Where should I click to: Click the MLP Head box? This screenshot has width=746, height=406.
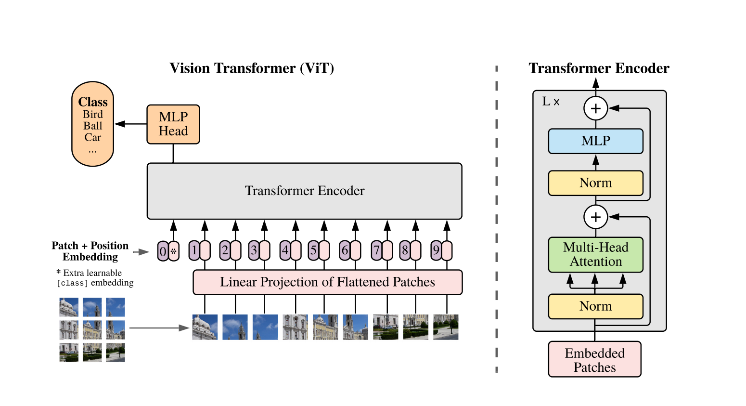pyautogui.click(x=173, y=124)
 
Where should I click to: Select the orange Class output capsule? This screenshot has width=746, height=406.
pyautogui.click(x=92, y=124)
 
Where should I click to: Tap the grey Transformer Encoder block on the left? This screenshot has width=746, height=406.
pyautogui.click(x=304, y=191)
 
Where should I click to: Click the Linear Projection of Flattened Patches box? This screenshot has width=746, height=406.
pyautogui.click(x=327, y=282)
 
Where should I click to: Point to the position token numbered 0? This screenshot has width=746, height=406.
pyautogui.click(x=163, y=251)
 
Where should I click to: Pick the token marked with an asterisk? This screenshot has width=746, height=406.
pyautogui.click(x=174, y=251)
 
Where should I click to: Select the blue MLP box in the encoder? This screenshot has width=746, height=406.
pyautogui.click(x=595, y=141)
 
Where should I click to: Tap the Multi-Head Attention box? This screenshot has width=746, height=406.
pyautogui.click(x=595, y=255)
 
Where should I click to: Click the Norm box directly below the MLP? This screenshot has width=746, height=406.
pyautogui.click(x=595, y=183)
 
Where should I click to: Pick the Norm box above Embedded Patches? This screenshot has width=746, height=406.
pyautogui.click(x=595, y=306)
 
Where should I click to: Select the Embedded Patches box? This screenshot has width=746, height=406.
pyautogui.click(x=594, y=360)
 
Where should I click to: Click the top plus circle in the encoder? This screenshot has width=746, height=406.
pyautogui.click(x=595, y=108)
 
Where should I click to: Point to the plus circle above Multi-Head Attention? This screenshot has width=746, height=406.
pyautogui.click(x=595, y=217)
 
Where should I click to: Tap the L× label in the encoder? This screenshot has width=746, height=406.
pyautogui.click(x=551, y=102)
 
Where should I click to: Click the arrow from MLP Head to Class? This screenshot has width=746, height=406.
pyautogui.click(x=130, y=124)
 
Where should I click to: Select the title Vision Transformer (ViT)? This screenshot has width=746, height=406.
pyautogui.click(x=252, y=68)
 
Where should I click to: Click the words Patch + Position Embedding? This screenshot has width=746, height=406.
pyautogui.click(x=90, y=251)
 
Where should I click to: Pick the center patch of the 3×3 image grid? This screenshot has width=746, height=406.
pyautogui.click(x=92, y=330)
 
